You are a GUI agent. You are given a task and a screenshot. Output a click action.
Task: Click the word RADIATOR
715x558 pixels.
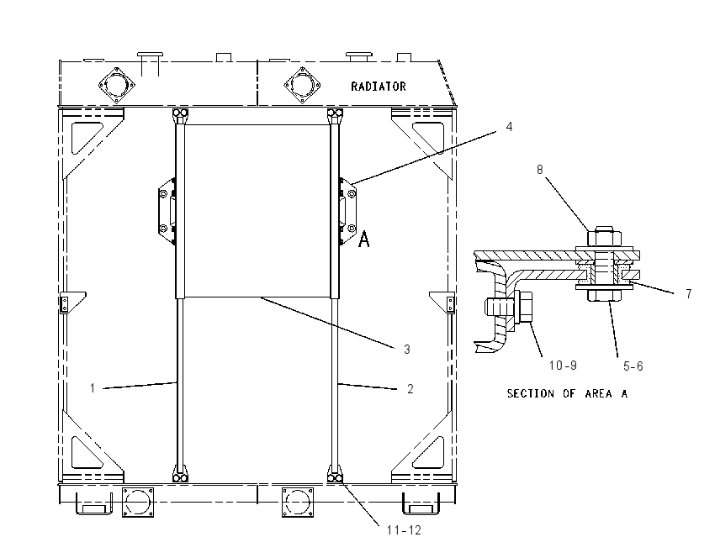[x=378, y=86]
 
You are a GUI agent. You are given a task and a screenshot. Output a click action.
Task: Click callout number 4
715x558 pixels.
[x=510, y=127]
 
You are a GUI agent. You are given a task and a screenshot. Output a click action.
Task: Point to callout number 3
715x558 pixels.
[x=407, y=350]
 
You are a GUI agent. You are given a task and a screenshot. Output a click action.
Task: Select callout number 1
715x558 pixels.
[x=93, y=388]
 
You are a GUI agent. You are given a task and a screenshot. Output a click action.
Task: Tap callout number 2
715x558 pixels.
[x=410, y=388]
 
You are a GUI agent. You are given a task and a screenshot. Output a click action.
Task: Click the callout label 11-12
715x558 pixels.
[x=404, y=530]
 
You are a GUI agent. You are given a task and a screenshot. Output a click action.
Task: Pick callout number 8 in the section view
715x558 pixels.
[x=540, y=170]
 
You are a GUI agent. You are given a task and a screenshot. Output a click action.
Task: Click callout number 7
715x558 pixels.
[x=689, y=294]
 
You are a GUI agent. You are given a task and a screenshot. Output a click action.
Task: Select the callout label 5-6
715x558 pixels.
[x=633, y=366]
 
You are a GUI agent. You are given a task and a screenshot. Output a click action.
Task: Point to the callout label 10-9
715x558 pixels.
[x=563, y=366]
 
